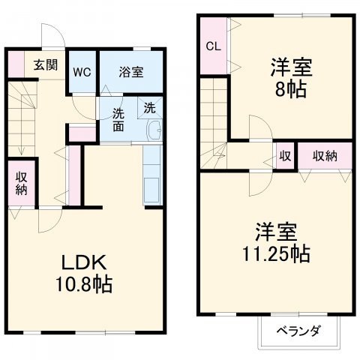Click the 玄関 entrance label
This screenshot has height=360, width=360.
40,64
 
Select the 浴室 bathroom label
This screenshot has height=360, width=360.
131,72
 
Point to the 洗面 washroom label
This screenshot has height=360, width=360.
119,120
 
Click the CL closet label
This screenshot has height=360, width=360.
213,45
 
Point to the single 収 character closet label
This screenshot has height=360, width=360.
285,156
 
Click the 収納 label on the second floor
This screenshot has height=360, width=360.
325,156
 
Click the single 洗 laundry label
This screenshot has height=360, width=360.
149,107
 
